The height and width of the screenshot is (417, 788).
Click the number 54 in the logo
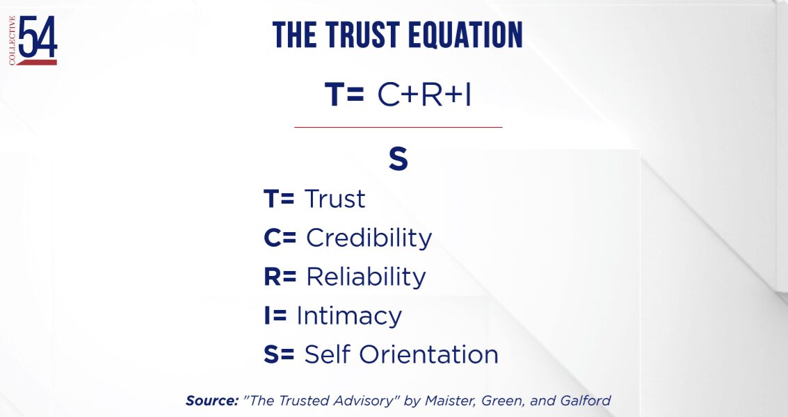[x=38, y=37]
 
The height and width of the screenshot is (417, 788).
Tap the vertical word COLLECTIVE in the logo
[x=12, y=41]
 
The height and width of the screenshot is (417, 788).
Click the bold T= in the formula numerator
[x=344, y=94]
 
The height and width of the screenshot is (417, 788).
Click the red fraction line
[x=398, y=128]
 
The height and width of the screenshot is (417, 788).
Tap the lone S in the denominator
[x=398, y=159]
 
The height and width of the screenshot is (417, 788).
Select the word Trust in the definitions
[x=335, y=199]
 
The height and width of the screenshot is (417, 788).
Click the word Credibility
[x=369, y=238]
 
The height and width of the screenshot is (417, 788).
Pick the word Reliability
[x=366, y=277]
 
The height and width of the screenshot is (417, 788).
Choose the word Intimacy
[x=349, y=316]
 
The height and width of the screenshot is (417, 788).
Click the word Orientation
[x=428, y=354]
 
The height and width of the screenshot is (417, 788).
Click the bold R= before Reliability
[x=280, y=277]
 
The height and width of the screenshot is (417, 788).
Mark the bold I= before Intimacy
[x=275, y=316]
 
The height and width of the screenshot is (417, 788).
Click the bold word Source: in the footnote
[x=211, y=400]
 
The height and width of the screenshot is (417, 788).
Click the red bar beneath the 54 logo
[x=37, y=63]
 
